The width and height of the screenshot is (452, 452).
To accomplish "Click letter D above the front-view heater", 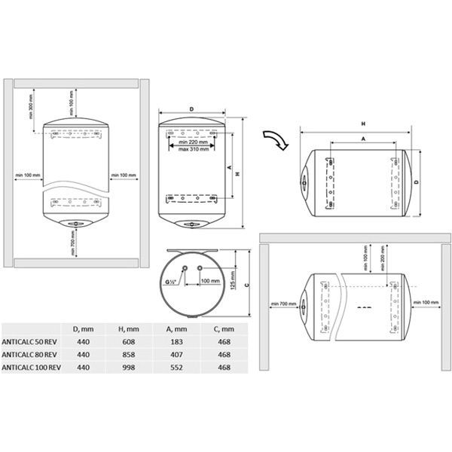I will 192,110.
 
